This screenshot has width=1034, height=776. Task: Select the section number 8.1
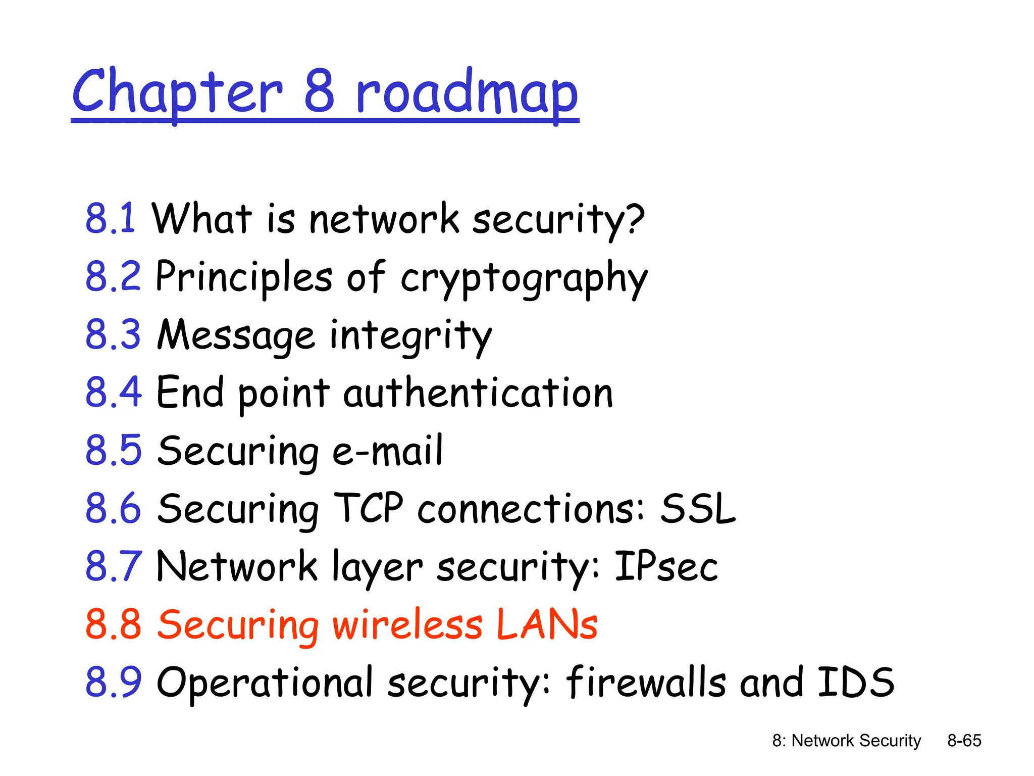[111, 218]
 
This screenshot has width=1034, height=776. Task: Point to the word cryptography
[524, 278]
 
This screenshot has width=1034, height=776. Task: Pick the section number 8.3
[113, 334]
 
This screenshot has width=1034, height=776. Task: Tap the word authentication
[478, 393]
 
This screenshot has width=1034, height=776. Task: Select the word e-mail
[388, 451]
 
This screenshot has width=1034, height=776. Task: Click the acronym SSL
[698, 509]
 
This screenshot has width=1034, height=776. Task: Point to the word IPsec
[666, 567]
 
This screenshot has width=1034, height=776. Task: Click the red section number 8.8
[113, 624]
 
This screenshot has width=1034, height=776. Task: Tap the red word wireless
[407, 624]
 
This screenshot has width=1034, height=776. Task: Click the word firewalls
[646, 682]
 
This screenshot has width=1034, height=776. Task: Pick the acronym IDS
[855, 682]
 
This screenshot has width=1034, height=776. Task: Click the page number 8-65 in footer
[964, 741]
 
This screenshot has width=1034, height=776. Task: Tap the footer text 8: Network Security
[846, 741]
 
